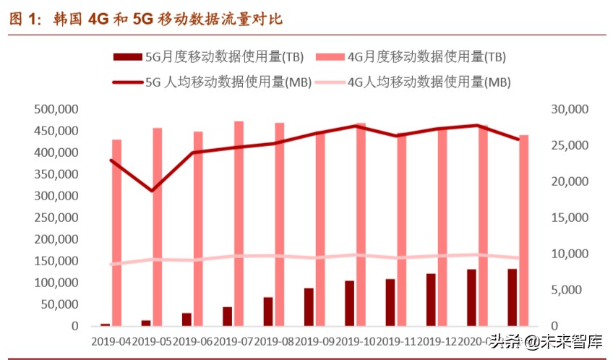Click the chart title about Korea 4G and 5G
(x=145, y=20)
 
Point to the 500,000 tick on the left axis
(x=56, y=109)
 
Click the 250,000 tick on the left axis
(x=56, y=218)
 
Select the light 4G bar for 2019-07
(x=239, y=223)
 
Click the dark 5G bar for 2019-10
(x=349, y=303)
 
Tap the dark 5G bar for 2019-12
(x=431, y=299)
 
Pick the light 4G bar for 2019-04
(x=116, y=232)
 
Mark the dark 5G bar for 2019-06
(x=187, y=319)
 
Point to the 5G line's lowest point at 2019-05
(x=152, y=191)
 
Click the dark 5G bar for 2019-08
(x=268, y=312)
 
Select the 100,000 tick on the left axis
(x=56, y=283)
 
